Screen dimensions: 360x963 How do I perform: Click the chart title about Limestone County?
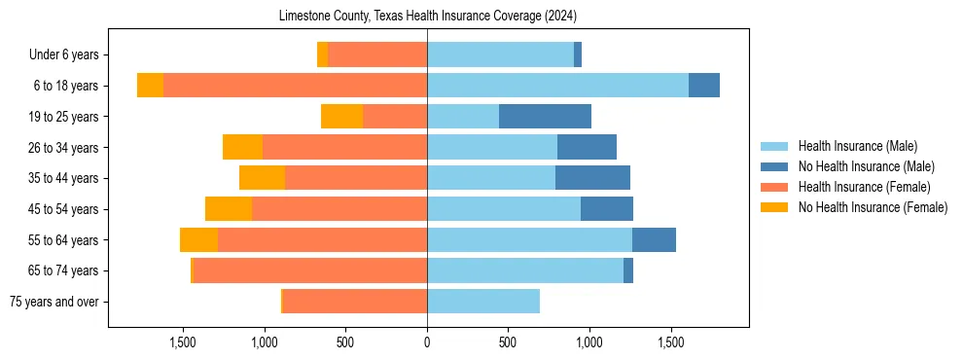428,17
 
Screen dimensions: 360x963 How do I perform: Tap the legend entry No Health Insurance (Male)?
866,166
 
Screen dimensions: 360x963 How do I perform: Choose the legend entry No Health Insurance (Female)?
873,207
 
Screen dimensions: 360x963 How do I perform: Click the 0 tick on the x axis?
427,342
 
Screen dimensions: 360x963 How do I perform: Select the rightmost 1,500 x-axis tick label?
671,342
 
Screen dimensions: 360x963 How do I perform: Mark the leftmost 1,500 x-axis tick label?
183,342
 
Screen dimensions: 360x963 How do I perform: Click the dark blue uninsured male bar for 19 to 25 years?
545,117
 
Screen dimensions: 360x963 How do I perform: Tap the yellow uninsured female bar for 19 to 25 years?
341,117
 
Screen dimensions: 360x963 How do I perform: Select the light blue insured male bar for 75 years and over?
483,302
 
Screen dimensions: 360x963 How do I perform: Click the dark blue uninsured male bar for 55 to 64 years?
654,240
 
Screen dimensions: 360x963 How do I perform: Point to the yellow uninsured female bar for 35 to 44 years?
262,178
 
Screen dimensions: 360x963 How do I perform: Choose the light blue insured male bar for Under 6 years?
500,54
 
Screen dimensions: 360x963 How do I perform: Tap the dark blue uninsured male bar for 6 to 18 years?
704,86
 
